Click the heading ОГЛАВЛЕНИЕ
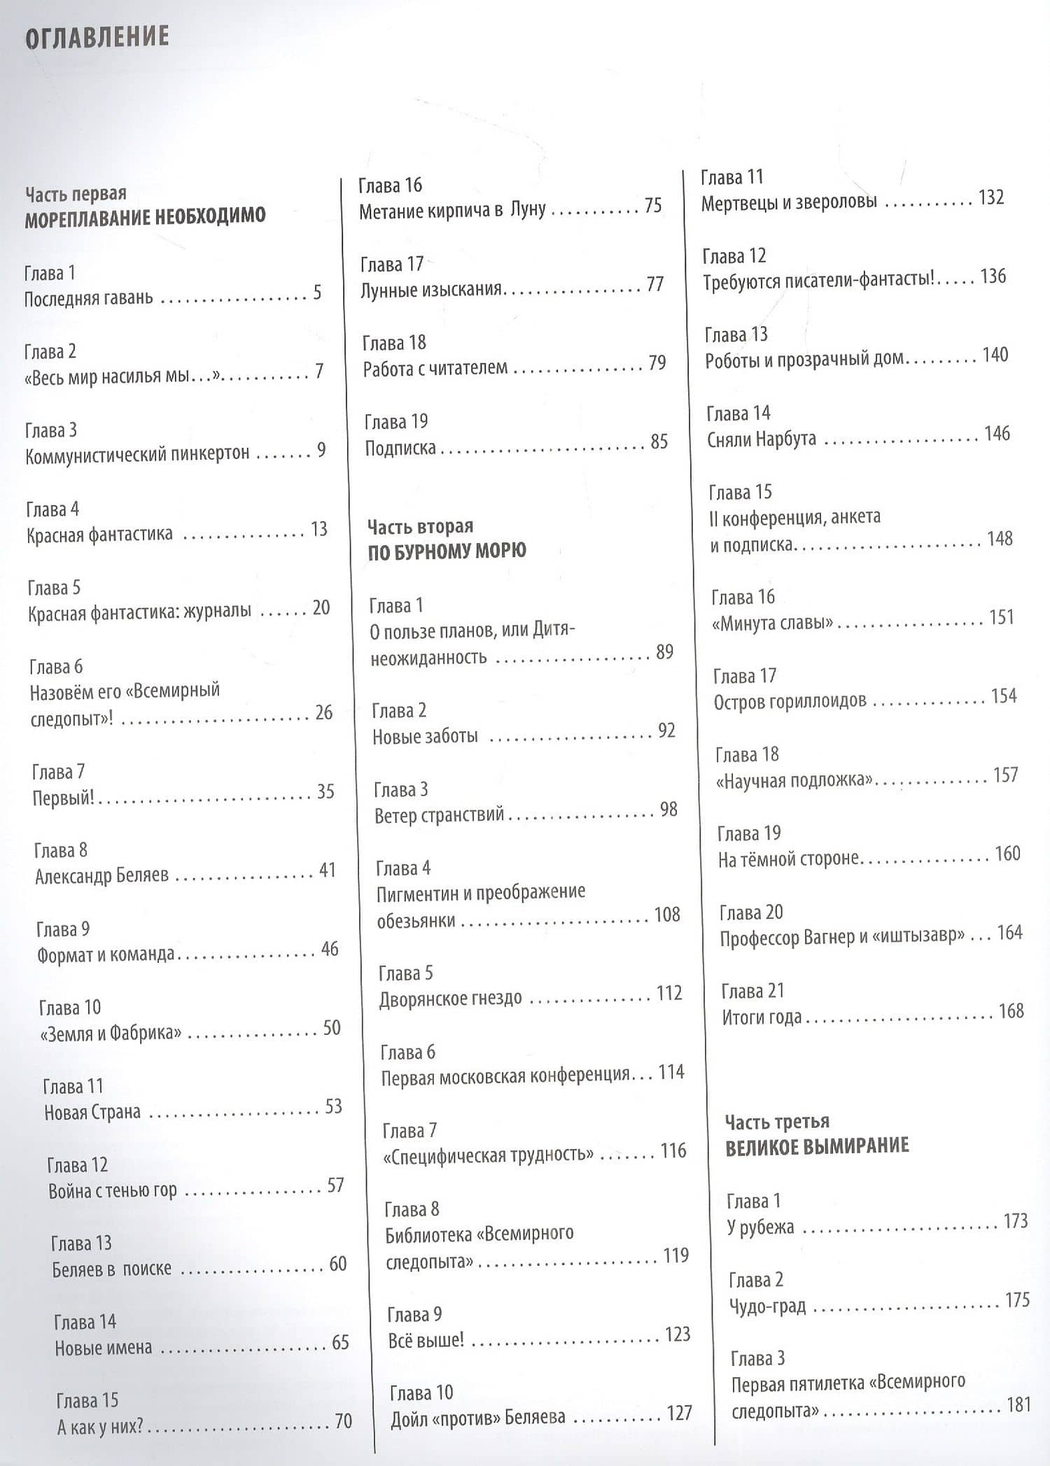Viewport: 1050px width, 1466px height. pos(97,37)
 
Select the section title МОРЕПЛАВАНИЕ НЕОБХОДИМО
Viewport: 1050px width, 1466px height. pos(145,217)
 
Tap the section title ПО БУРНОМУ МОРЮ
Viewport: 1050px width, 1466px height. pos(447,551)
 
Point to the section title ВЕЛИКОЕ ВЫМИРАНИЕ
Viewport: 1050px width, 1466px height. pos(817,1147)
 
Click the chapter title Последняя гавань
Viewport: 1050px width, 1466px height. pos(88,299)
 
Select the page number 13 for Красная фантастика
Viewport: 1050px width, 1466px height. pos(319,530)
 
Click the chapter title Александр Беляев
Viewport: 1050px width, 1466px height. pos(101,875)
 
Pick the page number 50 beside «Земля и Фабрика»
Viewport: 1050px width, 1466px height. pos(332,1028)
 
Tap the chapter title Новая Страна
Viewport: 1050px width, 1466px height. pos(92,1112)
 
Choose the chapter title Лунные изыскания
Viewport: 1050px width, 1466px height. pos(431,288)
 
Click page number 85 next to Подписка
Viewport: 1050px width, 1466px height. pos(659,442)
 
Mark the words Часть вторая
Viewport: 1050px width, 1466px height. pos(420,526)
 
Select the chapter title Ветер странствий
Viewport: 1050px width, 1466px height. pos(439,815)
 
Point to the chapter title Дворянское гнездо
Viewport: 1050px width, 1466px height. pos(450,999)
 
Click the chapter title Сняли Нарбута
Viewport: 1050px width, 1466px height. pos(762,439)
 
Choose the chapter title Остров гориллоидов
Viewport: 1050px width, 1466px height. pos(790,701)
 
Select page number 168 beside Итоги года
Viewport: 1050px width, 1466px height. pos(1011,1011)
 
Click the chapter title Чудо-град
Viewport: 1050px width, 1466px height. pos(767,1306)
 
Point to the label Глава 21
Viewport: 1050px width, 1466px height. pos(752,991)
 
